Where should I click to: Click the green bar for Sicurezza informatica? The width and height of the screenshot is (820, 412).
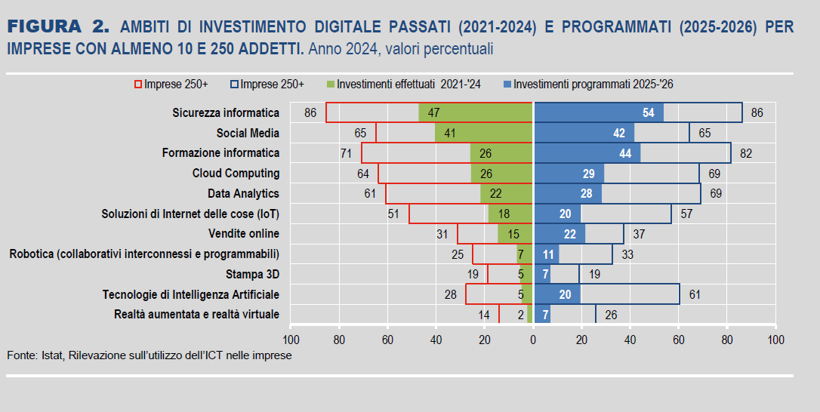point(476,112)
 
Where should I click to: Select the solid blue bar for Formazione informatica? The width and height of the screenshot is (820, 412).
point(587,153)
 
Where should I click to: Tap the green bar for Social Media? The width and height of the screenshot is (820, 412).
point(484,133)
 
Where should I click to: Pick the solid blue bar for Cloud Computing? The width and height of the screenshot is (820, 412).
point(569,174)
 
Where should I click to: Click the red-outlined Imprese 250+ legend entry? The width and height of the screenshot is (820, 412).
point(171,85)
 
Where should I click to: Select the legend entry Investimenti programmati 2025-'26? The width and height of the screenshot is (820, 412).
point(587,85)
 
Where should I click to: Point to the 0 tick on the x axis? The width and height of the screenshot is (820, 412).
point(533,340)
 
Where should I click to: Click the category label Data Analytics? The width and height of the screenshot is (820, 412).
point(243,194)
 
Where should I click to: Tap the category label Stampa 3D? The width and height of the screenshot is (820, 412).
point(252,274)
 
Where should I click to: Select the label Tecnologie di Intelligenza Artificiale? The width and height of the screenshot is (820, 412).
point(191,294)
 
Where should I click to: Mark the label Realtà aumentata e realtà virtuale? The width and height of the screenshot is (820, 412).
point(196,314)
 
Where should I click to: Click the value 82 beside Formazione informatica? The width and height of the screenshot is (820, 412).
point(746,153)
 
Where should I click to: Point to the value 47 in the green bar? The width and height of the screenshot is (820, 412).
point(433,112)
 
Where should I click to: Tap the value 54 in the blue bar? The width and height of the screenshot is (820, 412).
point(648,112)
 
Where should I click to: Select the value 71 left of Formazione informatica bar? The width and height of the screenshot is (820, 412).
point(347,153)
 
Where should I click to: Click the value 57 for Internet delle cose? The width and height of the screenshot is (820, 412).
point(686,214)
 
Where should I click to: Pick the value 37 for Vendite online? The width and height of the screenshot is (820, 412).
point(639,234)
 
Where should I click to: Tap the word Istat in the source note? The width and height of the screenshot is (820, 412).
point(51,355)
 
